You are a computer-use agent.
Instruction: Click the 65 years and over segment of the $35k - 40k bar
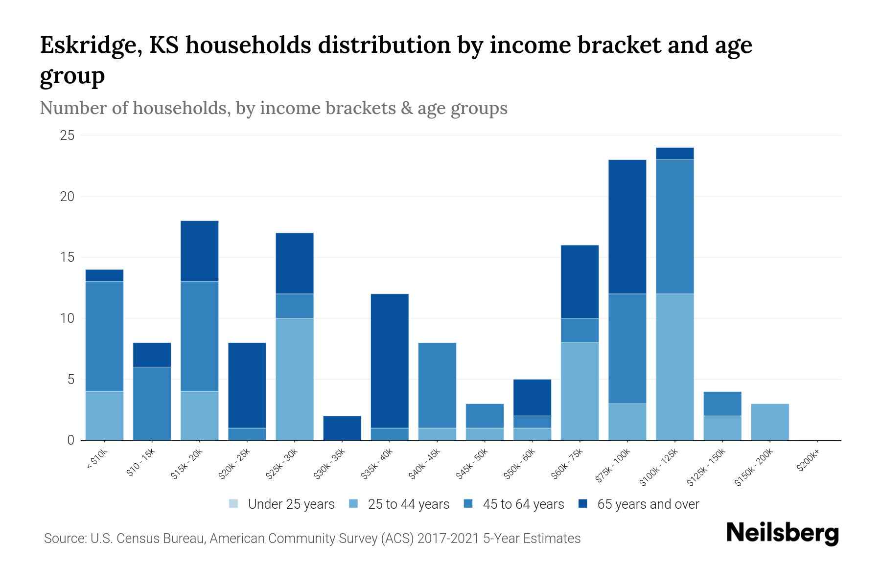pyautogui.click(x=390, y=361)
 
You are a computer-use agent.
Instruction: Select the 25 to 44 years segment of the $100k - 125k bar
pyautogui.click(x=675, y=367)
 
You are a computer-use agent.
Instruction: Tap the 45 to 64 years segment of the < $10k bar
pyautogui.click(x=104, y=337)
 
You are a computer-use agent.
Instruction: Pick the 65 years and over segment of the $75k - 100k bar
pyautogui.click(x=627, y=227)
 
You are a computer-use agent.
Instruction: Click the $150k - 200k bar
pyautogui.click(x=770, y=422)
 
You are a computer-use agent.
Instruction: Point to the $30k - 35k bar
pyautogui.click(x=342, y=428)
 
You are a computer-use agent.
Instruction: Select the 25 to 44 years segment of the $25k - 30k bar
pyautogui.click(x=295, y=379)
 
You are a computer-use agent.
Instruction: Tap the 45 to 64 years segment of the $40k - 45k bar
pyautogui.click(x=437, y=385)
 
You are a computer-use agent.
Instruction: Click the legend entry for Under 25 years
pyautogui.click(x=282, y=504)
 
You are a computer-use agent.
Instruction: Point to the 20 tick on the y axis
pyautogui.click(x=67, y=196)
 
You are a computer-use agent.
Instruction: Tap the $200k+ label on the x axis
pyautogui.click(x=808, y=461)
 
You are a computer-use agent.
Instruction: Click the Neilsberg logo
pyautogui.click(x=782, y=533)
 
